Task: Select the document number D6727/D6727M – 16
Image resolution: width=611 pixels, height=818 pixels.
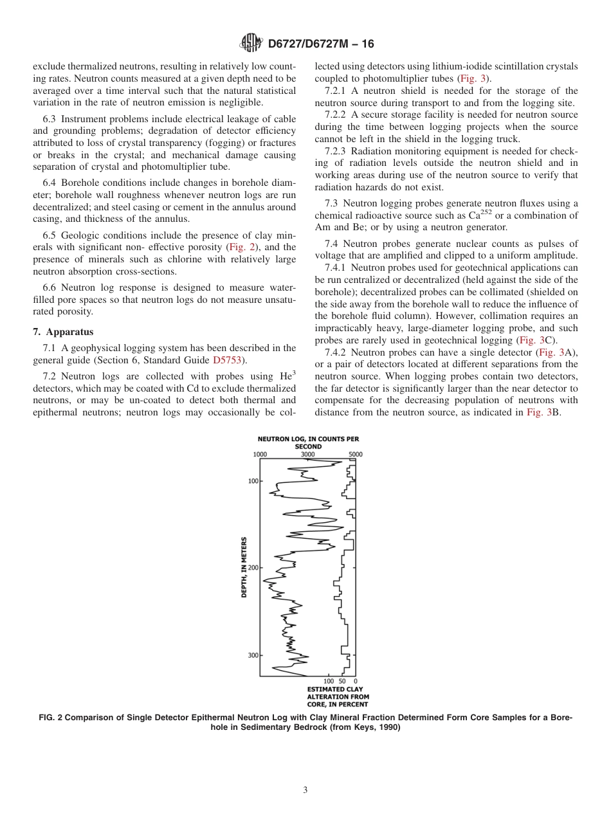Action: click(x=320, y=44)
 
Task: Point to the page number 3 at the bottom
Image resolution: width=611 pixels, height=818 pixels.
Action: click(x=305, y=790)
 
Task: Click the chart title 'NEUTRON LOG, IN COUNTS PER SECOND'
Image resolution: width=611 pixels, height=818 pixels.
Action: click(x=308, y=442)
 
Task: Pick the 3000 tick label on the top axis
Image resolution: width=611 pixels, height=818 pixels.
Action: click(x=308, y=454)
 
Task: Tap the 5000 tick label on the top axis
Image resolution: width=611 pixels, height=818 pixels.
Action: click(x=356, y=454)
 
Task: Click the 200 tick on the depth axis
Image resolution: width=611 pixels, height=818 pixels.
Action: click(x=253, y=568)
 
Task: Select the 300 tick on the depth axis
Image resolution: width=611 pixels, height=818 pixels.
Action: click(x=253, y=655)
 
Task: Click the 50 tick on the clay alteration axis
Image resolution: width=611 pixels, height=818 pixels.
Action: click(x=342, y=681)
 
